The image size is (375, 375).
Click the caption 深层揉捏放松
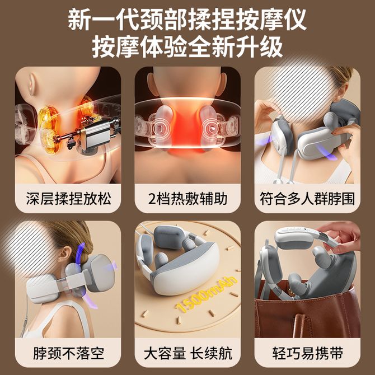pos(68,199)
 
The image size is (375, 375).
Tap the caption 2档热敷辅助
pos(187,199)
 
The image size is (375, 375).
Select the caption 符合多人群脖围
pos(307,199)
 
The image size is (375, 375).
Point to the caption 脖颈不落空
pos(68,353)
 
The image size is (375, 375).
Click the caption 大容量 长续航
pos(188,353)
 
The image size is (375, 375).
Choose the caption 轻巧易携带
pos(308,353)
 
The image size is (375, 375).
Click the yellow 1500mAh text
pos(206,295)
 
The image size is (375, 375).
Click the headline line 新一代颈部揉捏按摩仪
pos(187,19)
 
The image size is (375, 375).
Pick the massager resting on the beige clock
pos(178,258)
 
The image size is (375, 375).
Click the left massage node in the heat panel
pos(162,126)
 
